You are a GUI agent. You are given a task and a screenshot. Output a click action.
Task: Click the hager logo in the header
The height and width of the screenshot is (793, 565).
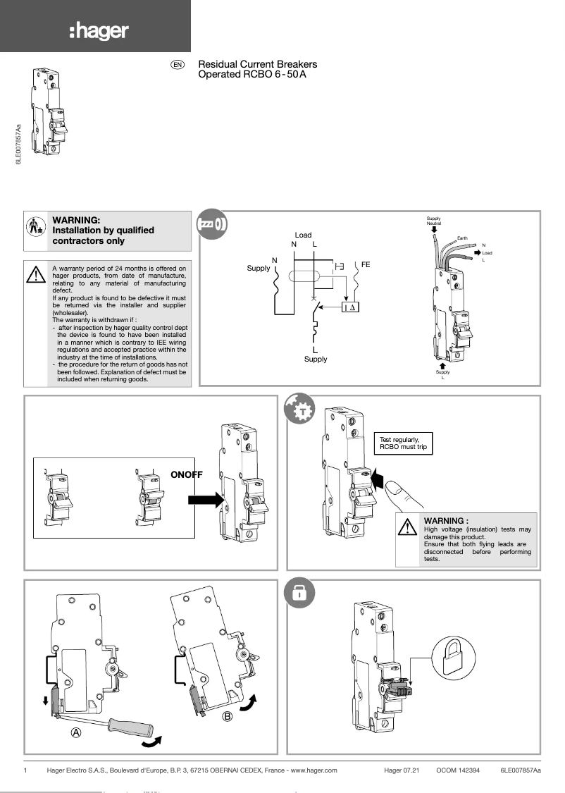99,31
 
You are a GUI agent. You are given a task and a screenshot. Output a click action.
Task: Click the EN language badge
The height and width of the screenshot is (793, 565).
178,65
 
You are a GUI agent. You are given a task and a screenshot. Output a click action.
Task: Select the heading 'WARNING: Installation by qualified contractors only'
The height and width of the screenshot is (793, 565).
103,230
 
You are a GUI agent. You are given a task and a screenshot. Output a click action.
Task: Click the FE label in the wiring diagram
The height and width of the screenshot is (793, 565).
366,264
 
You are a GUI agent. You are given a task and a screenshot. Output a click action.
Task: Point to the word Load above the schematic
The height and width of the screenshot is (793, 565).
303,235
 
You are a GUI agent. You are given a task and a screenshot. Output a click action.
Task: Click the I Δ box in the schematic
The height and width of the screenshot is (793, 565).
350,307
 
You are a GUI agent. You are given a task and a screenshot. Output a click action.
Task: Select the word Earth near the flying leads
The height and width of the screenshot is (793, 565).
462,238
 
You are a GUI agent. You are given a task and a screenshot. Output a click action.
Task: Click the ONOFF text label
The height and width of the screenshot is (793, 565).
187,474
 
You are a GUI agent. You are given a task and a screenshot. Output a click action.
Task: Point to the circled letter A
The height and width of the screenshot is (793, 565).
76,732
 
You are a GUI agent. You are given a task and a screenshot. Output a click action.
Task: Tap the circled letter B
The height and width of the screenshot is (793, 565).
228,717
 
